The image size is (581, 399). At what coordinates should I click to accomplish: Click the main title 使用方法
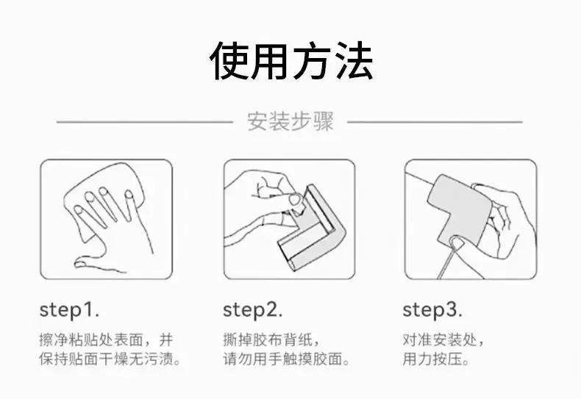291,61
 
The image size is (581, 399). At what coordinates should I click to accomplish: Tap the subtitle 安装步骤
290,121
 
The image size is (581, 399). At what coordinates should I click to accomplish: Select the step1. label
69,310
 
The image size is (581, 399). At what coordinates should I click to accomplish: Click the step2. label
253,310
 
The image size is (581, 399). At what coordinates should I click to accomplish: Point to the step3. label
432,310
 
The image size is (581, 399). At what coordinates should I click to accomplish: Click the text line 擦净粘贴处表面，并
106,339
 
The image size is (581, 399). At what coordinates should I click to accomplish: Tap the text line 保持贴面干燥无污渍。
110,359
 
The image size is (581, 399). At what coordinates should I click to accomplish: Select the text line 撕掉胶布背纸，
271,339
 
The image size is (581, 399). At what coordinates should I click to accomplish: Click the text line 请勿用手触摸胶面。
286,359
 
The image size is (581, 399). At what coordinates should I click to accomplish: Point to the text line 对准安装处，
443,339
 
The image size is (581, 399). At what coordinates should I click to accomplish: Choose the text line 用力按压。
435,359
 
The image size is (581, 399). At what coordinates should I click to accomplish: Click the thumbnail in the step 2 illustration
296,200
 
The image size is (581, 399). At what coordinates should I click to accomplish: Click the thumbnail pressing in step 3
457,243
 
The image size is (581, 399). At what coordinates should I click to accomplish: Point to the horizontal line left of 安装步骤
144,122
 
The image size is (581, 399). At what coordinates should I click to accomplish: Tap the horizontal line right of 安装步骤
435,122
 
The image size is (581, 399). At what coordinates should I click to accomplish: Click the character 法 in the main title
353,61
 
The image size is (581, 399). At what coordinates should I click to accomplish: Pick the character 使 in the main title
229,61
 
